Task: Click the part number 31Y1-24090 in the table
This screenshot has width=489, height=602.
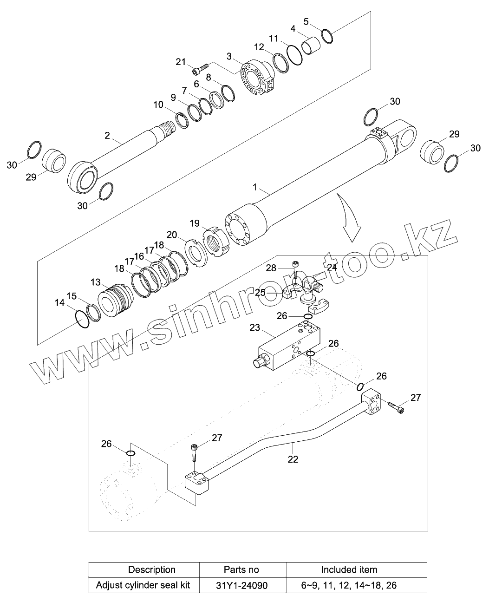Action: [242, 585]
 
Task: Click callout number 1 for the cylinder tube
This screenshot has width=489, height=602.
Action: [254, 187]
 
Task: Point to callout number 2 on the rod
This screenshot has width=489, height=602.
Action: [107, 135]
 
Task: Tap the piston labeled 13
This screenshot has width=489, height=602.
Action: [113, 301]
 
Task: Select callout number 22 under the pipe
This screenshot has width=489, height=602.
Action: [293, 459]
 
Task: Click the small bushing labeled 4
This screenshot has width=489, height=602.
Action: [311, 47]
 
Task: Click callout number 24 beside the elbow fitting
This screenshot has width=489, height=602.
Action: [332, 267]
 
